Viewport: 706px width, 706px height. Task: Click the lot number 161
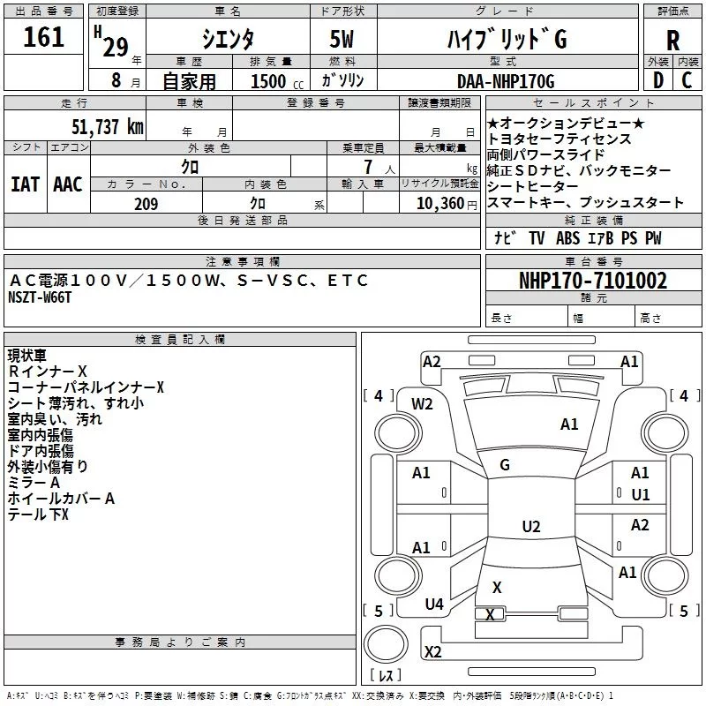click(43, 37)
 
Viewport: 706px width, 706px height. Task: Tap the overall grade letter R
click(672, 41)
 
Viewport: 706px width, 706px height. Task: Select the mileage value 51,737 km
click(108, 126)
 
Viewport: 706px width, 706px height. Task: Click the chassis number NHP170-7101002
click(593, 281)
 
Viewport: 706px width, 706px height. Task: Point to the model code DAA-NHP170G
click(506, 81)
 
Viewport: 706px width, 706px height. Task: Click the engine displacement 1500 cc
click(277, 81)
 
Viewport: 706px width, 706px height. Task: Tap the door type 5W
click(342, 39)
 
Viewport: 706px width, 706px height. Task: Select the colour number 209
click(146, 204)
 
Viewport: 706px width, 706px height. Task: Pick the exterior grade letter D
click(658, 80)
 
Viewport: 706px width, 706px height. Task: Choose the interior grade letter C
click(687, 80)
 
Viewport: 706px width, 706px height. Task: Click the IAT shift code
click(25, 184)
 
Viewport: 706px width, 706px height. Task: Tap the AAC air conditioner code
click(68, 184)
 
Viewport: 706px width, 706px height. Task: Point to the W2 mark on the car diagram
click(422, 404)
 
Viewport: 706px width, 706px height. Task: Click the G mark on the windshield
click(505, 465)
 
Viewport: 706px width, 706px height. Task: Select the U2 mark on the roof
click(531, 526)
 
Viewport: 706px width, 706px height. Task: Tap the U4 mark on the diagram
click(434, 605)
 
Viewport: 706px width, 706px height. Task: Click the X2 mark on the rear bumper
click(433, 652)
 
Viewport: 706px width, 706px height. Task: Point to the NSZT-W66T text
click(40, 297)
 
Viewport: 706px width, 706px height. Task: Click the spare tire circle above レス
click(386, 644)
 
